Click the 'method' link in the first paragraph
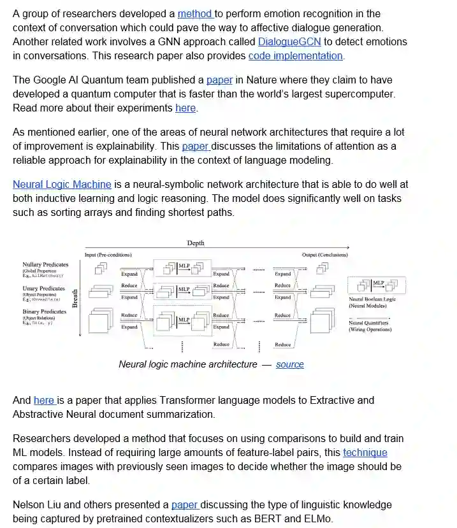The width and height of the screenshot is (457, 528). coord(195,13)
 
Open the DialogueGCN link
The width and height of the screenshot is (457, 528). coord(289,41)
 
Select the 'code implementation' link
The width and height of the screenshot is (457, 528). coord(295,55)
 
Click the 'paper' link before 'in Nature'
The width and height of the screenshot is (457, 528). coord(219,80)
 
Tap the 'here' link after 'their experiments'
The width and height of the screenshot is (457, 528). coord(185,108)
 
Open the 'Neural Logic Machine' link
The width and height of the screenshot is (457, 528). coord(62,184)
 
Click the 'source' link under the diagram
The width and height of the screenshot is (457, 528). coord(289,364)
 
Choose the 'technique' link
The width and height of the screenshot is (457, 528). coord(365,452)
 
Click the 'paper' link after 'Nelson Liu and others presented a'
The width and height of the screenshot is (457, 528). coord(185,505)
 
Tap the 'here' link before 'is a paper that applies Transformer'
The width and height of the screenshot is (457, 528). coord(44,400)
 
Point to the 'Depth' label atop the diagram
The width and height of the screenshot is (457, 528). coord(196,243)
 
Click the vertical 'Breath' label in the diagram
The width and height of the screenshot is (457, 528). coord(75,299)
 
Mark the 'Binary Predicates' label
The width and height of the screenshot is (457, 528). coord(44,311)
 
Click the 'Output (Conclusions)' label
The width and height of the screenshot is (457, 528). coord(325,255)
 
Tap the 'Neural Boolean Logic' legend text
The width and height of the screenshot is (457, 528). coord(372,299)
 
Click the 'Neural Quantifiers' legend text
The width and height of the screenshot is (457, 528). coord(368,323)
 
